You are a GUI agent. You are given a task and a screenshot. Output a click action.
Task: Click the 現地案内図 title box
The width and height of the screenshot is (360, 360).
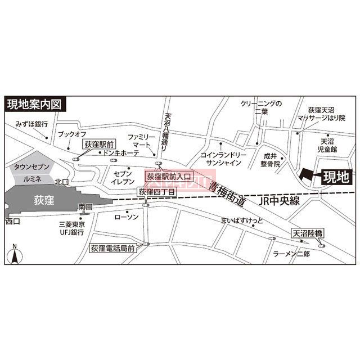(36, 104)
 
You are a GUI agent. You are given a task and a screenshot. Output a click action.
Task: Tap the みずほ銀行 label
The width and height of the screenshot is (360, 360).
(31, 124)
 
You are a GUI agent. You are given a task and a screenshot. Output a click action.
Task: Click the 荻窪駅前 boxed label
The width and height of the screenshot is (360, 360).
(99, 144)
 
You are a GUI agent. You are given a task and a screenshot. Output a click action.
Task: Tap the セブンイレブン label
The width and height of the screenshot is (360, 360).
(124, 178)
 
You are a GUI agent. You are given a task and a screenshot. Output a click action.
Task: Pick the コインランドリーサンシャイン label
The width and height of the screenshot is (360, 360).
(223, 158)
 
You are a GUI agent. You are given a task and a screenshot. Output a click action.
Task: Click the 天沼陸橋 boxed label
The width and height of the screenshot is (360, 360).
(307, 233)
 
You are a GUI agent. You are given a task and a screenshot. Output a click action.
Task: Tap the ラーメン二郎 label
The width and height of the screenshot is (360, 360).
(291, 254)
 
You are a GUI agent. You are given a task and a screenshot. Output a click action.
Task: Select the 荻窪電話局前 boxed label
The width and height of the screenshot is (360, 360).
(112, 247)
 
